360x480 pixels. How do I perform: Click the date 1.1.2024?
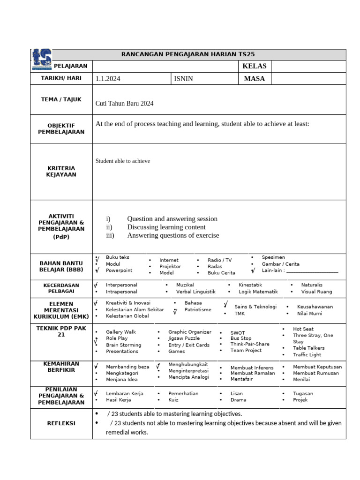coord(108,79)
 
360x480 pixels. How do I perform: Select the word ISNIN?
coord(183,79)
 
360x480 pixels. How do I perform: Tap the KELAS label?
coord(254,66)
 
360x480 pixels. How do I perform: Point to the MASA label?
coord(255,79)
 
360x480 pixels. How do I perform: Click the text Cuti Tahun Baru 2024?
coord(125,104)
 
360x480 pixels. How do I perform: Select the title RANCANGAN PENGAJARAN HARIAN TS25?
coord(188,54)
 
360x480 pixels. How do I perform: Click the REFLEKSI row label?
coord(61,423)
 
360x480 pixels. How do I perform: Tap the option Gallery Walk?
coord(121,332)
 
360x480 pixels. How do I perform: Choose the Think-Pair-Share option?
coord(250,344)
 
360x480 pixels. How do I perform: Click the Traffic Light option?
coord(307,355)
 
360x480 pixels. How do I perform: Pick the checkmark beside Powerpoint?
coord(97,270)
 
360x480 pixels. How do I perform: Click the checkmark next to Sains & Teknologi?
coord(226,305)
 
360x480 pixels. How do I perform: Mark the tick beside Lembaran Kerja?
coord(96,393)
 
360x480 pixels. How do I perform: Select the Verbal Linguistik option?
coord(196,292)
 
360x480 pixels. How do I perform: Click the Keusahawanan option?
coord(315,307)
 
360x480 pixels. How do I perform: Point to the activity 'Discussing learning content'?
coord(166,227)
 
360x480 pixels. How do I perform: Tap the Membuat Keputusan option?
coord(317,367)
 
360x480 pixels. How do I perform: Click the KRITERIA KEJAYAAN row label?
coord(61,171)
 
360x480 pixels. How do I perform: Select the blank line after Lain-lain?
coord(312,271)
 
